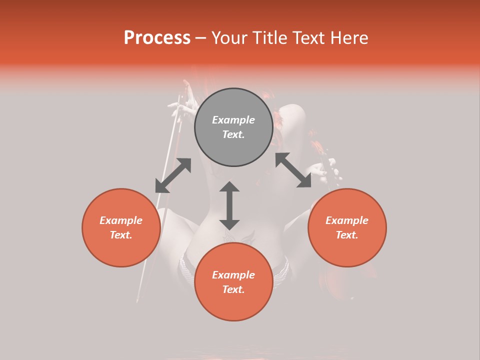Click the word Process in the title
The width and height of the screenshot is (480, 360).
(x=157, y=38)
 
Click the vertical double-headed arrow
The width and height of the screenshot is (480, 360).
(x=229, y=205)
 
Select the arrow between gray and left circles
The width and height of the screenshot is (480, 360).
(x=173, y=175)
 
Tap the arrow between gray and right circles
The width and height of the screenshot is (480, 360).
(x=293, y=170)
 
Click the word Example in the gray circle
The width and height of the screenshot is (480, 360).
(x=233, y=120)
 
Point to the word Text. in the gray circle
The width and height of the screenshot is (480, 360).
(x=233, y=134)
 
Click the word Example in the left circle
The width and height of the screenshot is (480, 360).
(x=121, y=220)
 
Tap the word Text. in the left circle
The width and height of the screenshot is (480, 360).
(x=121, y=235)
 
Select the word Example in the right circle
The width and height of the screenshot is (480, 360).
(x=347, y=220)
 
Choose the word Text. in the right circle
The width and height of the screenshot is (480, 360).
(x=347, y=235)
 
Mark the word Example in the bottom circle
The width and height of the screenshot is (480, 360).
(x=233, y=275)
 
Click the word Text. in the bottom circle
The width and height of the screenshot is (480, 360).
(x=233, y=289)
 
